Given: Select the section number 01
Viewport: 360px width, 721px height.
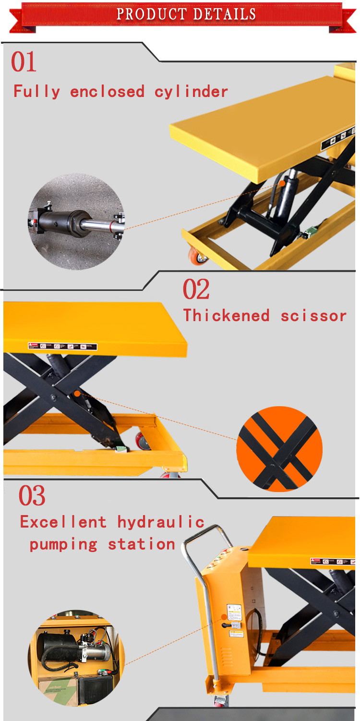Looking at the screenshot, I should tap(24, 62).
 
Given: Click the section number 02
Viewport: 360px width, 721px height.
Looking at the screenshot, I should tap(196, 289).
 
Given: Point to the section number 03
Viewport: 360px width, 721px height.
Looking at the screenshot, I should tap(32, 496).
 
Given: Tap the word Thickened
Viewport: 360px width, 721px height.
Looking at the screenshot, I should tap(227, 315).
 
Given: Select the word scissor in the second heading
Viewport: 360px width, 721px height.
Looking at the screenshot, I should tap(313, 315).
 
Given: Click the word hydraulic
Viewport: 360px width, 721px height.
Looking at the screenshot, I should tap(161, 522).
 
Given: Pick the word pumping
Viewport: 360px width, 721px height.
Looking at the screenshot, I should tap(63, 544).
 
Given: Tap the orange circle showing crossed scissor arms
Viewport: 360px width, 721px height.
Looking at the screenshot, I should tap(279, 449).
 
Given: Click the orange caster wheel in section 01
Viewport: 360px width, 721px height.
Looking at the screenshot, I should tap(198, 255).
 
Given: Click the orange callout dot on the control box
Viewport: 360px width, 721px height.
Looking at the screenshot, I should tap(224, 618).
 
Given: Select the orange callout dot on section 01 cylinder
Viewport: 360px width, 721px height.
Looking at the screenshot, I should tap(283, 183).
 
